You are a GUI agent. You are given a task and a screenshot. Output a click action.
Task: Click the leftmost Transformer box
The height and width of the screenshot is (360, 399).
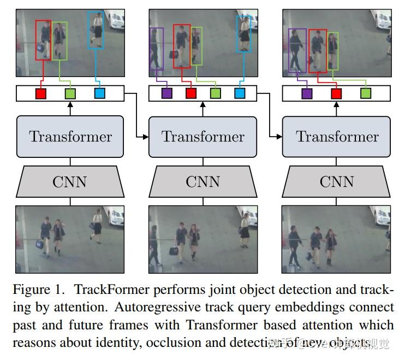[x=70, y=137]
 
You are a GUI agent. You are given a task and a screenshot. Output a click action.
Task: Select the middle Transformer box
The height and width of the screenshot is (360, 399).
[x=203, y=137]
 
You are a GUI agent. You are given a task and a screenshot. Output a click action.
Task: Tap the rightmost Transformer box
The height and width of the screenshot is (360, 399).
[x=337, y=137]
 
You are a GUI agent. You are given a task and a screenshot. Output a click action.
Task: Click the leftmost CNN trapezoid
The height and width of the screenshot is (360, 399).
[x=70, y=181]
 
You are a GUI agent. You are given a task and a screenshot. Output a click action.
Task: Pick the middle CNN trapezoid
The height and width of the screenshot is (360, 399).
[x=203, y=181]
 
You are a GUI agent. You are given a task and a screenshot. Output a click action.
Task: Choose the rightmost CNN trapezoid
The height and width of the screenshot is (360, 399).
[x=337, y=181]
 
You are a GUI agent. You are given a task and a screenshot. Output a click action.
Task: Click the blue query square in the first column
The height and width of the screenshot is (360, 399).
[x=99, y=93]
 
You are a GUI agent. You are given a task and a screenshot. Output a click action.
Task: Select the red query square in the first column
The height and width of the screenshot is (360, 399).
[x=41, y=93]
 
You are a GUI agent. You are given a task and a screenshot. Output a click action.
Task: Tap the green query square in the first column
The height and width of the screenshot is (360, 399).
[x=70, y=93]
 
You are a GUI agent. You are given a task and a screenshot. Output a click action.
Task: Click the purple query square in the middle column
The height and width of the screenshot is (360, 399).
[x=167, y=93]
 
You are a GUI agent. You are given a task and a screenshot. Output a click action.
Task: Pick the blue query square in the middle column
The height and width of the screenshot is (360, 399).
[x=240, y=93]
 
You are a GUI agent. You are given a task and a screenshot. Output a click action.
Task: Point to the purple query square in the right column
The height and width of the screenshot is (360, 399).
[x=307, y=93]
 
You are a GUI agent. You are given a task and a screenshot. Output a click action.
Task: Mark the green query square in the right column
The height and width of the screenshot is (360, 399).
[x=366, y=93]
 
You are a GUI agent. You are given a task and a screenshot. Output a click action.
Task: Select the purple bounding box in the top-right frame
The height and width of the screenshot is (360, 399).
[x=297, y=51]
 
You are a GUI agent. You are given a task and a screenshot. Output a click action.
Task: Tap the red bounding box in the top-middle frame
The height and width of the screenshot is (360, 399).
[x=182, y=46]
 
